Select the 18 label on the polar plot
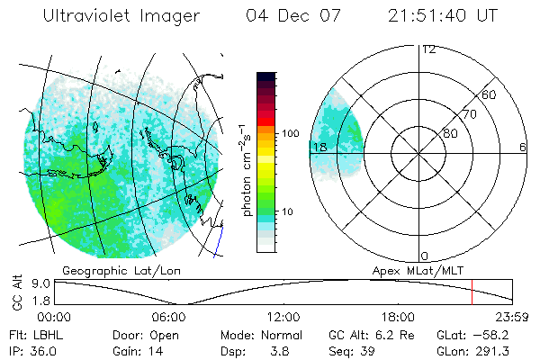319,147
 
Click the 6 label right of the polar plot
523,147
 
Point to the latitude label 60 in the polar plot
490,94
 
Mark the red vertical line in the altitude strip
472,292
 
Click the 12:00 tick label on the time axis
283,317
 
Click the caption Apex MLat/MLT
410,269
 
